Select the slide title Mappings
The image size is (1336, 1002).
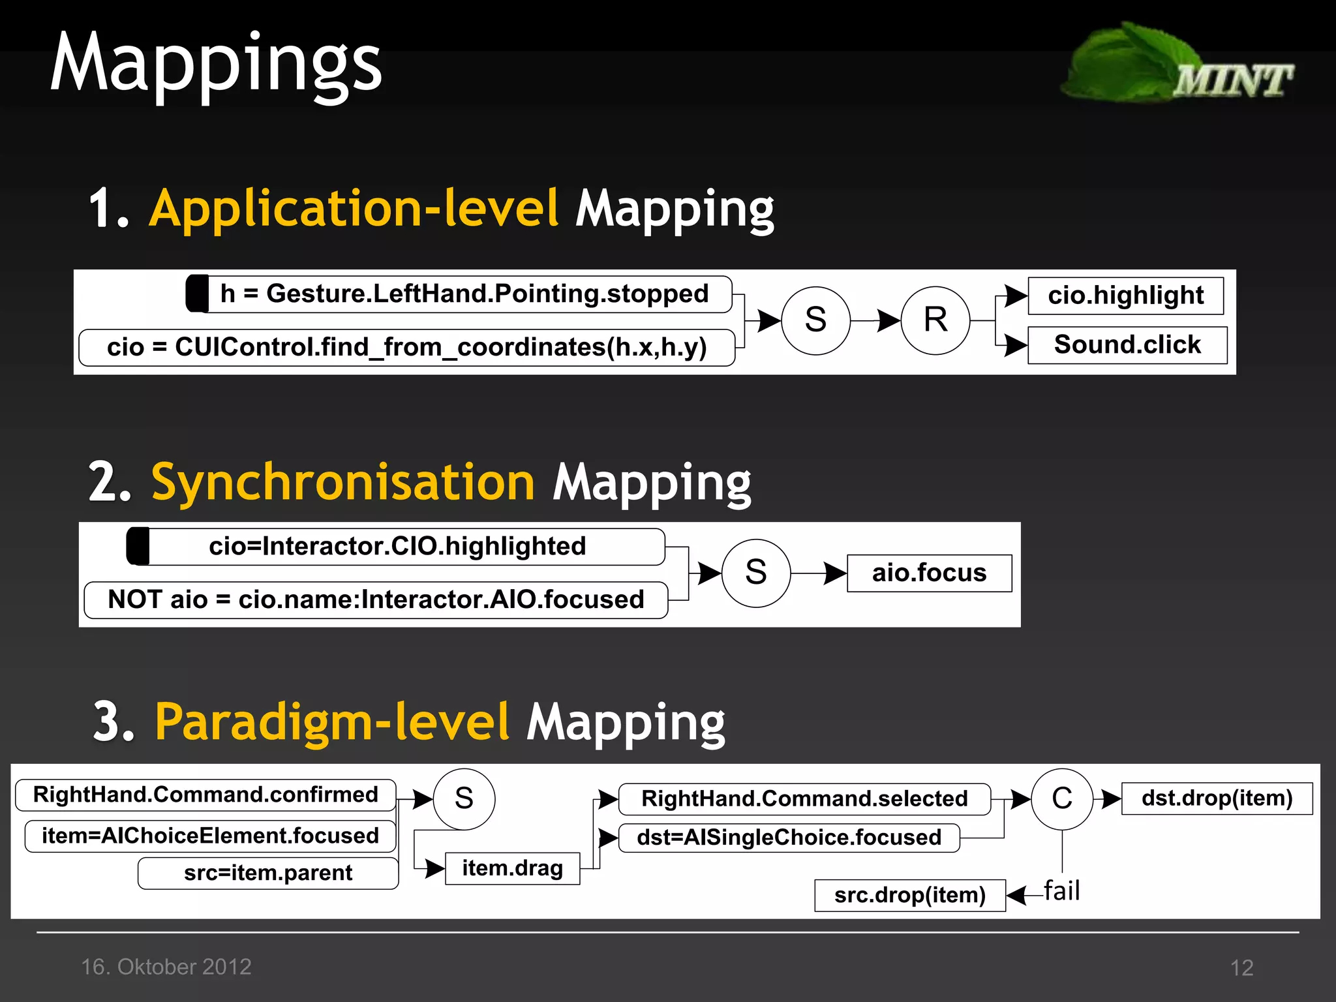click(216, 63)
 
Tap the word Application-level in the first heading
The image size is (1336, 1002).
click(354, 208)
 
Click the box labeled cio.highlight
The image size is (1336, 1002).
click(1125, 296)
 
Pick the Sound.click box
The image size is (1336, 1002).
click(1127, 345)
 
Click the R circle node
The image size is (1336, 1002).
click(935, 320)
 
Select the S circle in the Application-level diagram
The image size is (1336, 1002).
click(815, 320)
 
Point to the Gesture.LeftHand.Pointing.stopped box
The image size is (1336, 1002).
click(464, 294)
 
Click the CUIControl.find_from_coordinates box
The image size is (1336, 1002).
click(406, 348)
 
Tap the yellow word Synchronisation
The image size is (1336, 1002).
click(343, 482)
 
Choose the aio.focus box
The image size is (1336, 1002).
click(929, 573)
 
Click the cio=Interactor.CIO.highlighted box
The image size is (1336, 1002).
click(397, 547)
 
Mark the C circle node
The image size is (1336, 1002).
click(1061, 798)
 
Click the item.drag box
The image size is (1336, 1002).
click(512, 869)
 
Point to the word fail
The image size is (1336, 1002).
click(1061, 890)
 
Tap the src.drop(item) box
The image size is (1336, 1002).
click(909, 896)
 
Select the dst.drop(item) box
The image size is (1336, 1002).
click(1217, 798)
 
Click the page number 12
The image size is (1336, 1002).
click(1241, 967)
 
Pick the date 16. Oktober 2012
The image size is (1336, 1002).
click(166, 967)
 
